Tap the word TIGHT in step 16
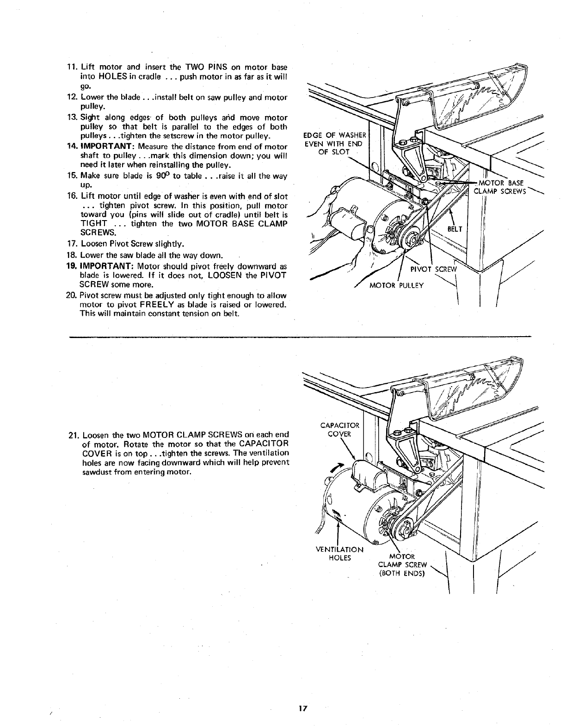tap(94, 223)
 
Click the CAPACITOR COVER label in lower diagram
tap(339, 429)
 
